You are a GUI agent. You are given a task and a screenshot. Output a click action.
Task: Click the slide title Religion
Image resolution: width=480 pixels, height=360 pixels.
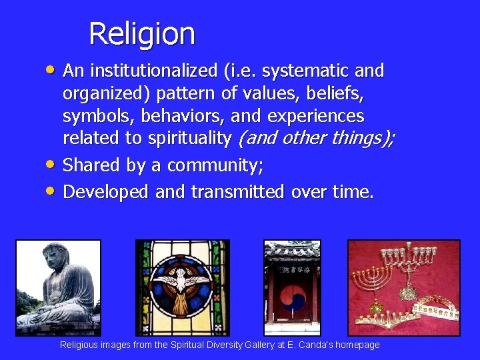[x=141, y=33]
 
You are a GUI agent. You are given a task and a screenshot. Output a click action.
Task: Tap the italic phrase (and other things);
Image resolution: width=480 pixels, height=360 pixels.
[x=316, y=139]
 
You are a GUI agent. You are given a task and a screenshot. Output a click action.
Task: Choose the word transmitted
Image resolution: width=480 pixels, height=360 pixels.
[x=239, y=192]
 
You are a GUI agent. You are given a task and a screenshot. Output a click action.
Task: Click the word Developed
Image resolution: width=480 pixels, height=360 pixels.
[x=105, y=192]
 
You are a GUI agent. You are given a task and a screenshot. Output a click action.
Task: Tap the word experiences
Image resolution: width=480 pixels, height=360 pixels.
[x=316, y=116]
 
